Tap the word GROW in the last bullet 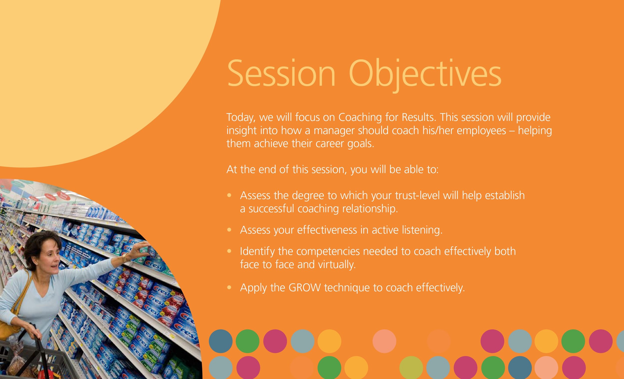[x=305, y=288]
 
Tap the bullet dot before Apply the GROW [x=229, y=288]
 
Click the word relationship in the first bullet [x=370, y=209]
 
